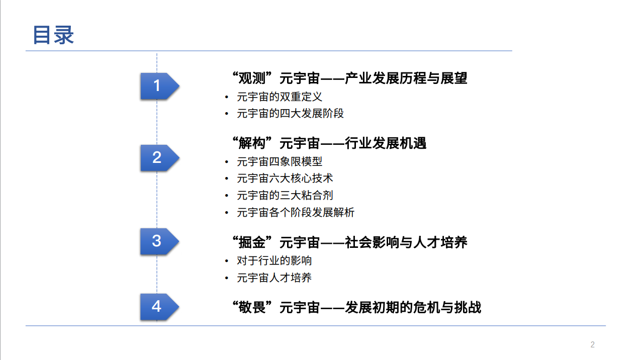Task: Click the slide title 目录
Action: (x=53, y=35)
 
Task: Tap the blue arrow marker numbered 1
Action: (x=159, y=86)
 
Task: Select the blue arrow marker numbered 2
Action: (x=159, y=158)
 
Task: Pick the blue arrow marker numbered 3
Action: (x=159, y=241)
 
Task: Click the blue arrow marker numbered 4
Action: (x=159, y=307)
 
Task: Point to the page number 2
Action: (x=593, y=344)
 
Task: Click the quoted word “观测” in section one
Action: (x=252, y=78)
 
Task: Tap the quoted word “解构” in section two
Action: (x=252, y=143)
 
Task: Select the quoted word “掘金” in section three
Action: (x=252, y=242)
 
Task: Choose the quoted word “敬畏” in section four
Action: (x=252, y=307)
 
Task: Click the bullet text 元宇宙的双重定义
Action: (x=280, y=97)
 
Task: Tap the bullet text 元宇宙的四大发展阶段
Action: (x=291, y=114)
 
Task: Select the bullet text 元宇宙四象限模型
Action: (x=280, y=161)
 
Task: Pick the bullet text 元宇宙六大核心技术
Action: (x=285, y=178)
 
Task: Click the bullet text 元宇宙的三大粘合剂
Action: (x=285, y=196)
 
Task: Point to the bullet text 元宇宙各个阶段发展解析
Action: (x=296, y=213)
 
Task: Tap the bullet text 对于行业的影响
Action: (x=274, y=261)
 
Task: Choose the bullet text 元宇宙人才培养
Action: (x=274, y=278)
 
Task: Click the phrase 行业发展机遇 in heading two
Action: (x=386, y=143)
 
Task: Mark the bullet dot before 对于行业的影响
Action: (x=227, y=261)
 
